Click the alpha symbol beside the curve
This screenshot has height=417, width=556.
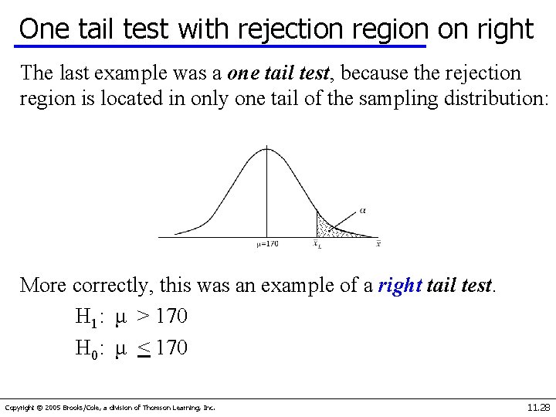coord(364,209)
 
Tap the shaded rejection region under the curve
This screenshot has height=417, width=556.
coord(324,227)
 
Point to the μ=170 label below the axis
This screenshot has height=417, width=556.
coord(267,244)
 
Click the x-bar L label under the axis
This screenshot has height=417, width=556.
coord(317,244)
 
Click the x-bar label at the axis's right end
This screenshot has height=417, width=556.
coord(378,244)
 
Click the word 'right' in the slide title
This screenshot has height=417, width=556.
coord(505,29)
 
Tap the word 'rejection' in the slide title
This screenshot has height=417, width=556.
coord(290,29)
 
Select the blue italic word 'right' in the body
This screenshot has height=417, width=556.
coord(400,285)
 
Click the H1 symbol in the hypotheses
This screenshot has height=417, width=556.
coord(85,317)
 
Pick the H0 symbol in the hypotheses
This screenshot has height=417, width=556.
coord(85,349)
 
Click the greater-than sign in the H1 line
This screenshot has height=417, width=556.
coord(144,317)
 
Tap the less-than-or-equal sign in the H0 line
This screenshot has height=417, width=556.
coord(144,349)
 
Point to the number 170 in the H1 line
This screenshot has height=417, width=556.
coord(171,317)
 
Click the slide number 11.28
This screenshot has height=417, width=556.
coord(537,407)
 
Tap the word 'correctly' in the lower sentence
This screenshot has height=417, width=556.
coord(113,286)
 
